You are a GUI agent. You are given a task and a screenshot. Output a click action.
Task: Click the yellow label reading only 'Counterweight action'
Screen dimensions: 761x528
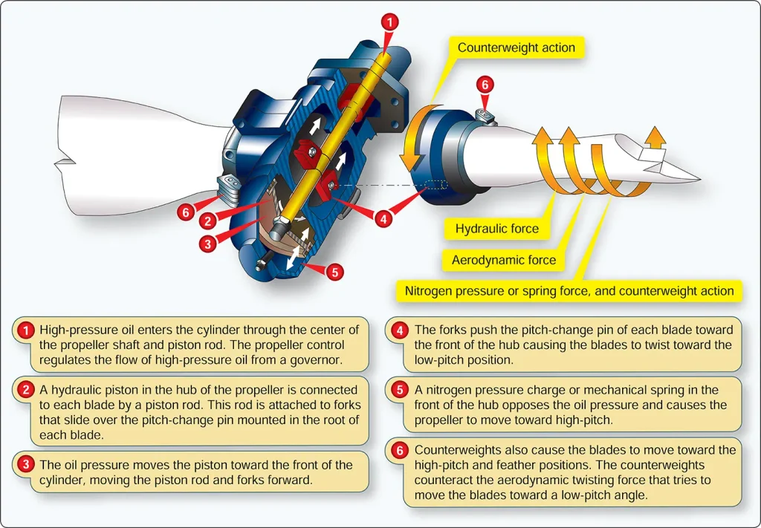[x=516, y=48]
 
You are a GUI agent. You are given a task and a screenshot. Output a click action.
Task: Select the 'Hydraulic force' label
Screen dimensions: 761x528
[x=497, y=229]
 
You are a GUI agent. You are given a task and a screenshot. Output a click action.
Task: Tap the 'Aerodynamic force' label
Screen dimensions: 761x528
[x=504, y=260]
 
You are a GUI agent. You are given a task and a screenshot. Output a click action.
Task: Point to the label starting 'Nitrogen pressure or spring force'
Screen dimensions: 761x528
[x=569, y=291]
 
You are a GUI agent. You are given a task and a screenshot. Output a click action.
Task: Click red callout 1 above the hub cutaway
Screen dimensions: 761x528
[x=389, y=22]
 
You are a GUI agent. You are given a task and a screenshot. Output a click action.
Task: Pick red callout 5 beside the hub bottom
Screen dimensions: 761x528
[x=334, y=272]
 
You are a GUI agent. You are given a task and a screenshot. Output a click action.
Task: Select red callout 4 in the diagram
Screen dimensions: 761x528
[x=383, y=219]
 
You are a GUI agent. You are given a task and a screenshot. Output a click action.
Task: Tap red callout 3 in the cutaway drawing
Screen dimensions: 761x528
[x=208, y=244]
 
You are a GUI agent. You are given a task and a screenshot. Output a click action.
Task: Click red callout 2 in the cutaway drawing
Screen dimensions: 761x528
[x=208, y=221]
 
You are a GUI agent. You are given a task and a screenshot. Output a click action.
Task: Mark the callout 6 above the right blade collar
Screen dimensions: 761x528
[x=485, y=85]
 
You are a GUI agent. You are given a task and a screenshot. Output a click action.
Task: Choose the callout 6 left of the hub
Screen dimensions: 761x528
[x=185, y=212]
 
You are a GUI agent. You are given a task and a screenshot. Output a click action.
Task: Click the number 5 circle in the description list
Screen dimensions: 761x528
[x=399, y=391]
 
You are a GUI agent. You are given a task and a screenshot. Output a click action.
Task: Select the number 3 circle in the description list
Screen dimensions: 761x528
[x=25, y=465]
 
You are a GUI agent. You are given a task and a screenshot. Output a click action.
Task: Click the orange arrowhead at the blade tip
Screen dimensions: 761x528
[x=655, y=137]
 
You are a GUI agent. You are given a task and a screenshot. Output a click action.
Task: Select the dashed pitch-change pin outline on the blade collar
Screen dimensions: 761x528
[x=436, y=185]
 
